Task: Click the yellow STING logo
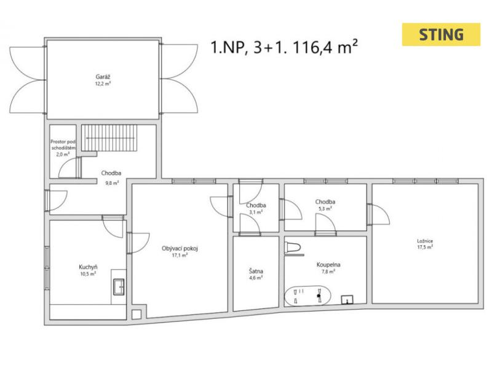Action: (x=441, y=34)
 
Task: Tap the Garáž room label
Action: (x=103, y=77)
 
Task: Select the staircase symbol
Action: (x=109, y=138)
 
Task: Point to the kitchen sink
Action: (x=119, y=286)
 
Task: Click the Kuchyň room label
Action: (x=88, y=267)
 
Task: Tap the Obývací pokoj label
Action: (x=180, y=249)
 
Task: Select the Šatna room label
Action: (x=256, y=271)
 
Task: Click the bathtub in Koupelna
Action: (x=307, y=296)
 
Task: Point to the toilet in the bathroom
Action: (x=293, y=248)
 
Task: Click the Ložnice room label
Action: (x=425, y=241)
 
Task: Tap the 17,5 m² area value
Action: (x=425, y=247)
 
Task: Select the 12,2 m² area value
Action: (x=103, y=84)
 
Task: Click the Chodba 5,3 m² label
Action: (x=325, y=205)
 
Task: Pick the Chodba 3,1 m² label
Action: (x=256, y=208)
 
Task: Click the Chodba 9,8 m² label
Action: (x=111, y=178)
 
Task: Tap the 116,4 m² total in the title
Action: (x=325, y=47)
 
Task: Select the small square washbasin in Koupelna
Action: (x=347, y=300)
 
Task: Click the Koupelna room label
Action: (x=328, y=265)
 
